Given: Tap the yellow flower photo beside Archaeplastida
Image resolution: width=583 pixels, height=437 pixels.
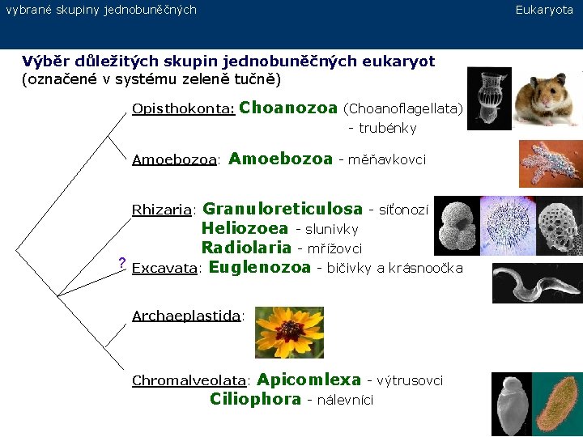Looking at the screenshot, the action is tap(289, 332).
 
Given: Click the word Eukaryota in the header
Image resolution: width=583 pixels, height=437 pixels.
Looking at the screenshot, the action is tap(544, 10).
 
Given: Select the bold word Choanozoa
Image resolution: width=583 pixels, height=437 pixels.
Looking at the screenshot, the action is tap(288, 108).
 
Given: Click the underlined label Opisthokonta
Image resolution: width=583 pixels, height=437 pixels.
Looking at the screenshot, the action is tap(183, 108).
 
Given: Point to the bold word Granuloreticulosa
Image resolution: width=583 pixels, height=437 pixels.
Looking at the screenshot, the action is tap(282, 210).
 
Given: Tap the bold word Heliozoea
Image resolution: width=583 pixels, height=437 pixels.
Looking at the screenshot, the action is tap(245, 229).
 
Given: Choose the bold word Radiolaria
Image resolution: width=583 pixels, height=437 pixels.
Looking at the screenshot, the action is tap(246, 248).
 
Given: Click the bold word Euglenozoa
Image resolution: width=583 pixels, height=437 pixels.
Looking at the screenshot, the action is tap(260, 267).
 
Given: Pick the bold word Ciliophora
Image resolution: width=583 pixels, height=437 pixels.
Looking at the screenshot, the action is tap(255, 399).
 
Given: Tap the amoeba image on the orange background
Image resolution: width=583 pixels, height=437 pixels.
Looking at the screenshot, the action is tap(549, 164).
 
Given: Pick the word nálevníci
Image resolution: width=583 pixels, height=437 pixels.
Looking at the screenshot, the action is tap(345, 400).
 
